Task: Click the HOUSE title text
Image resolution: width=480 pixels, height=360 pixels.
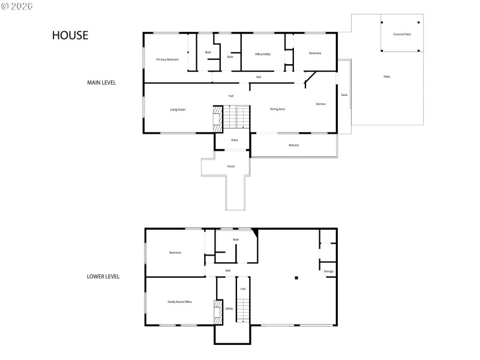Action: coord(70,35)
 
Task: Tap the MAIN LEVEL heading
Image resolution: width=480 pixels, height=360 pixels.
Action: coord(101,83)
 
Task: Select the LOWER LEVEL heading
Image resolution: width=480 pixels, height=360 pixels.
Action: coord(103,277)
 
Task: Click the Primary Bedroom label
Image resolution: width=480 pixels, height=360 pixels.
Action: coord(167,59)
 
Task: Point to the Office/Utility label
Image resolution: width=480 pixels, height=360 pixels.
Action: coord(263,54)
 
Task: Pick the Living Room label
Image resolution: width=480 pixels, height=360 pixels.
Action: coord(178,109)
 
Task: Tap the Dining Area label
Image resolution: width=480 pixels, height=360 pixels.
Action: coord(277,109)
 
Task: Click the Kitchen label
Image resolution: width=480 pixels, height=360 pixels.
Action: coord(321,104)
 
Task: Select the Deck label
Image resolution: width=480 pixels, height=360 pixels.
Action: coord(344,95)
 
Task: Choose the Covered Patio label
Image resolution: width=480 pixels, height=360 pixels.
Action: coord(402,34)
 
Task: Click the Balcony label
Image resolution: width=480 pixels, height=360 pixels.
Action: coord(293,145)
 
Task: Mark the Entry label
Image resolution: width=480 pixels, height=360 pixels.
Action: coord(235,140)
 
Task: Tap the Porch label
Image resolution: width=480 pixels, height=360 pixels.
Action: coord(230,166)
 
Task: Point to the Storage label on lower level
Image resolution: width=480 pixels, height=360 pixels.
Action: coord(328,271)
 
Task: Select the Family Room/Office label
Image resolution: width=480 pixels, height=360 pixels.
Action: coord(179,301)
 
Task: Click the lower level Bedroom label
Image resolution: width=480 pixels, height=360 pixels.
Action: coord(175,253)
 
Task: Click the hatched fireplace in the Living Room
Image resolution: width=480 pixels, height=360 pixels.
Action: coord(218,118)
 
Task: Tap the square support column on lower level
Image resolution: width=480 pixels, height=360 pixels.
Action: coord(296,278)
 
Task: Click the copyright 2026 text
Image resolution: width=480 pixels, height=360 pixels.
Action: coord(17,5)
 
